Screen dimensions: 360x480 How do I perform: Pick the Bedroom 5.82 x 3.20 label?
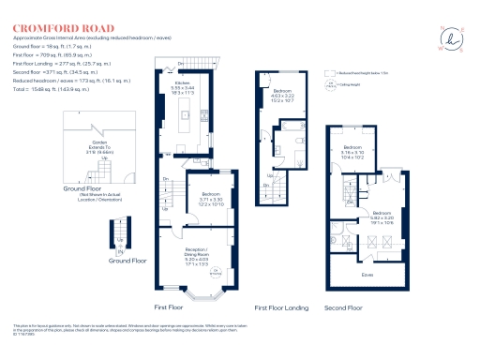(382, 217)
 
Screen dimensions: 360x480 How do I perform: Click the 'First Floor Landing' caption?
(280, 307)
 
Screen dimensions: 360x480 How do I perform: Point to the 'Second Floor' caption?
(343, 307)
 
